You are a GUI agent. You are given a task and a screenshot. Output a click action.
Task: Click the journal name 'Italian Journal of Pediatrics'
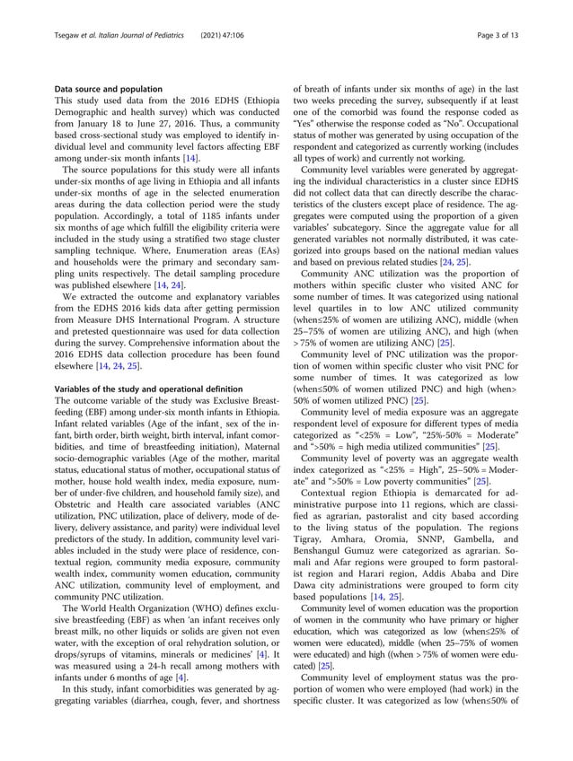[x=138, y=33]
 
